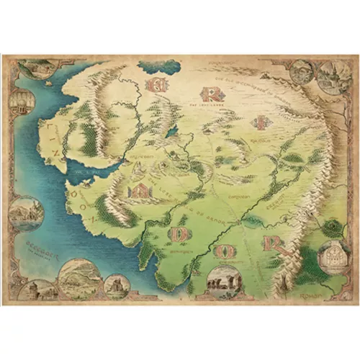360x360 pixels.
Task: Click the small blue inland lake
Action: [171, 131]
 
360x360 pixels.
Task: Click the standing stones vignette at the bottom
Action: [222, 281]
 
